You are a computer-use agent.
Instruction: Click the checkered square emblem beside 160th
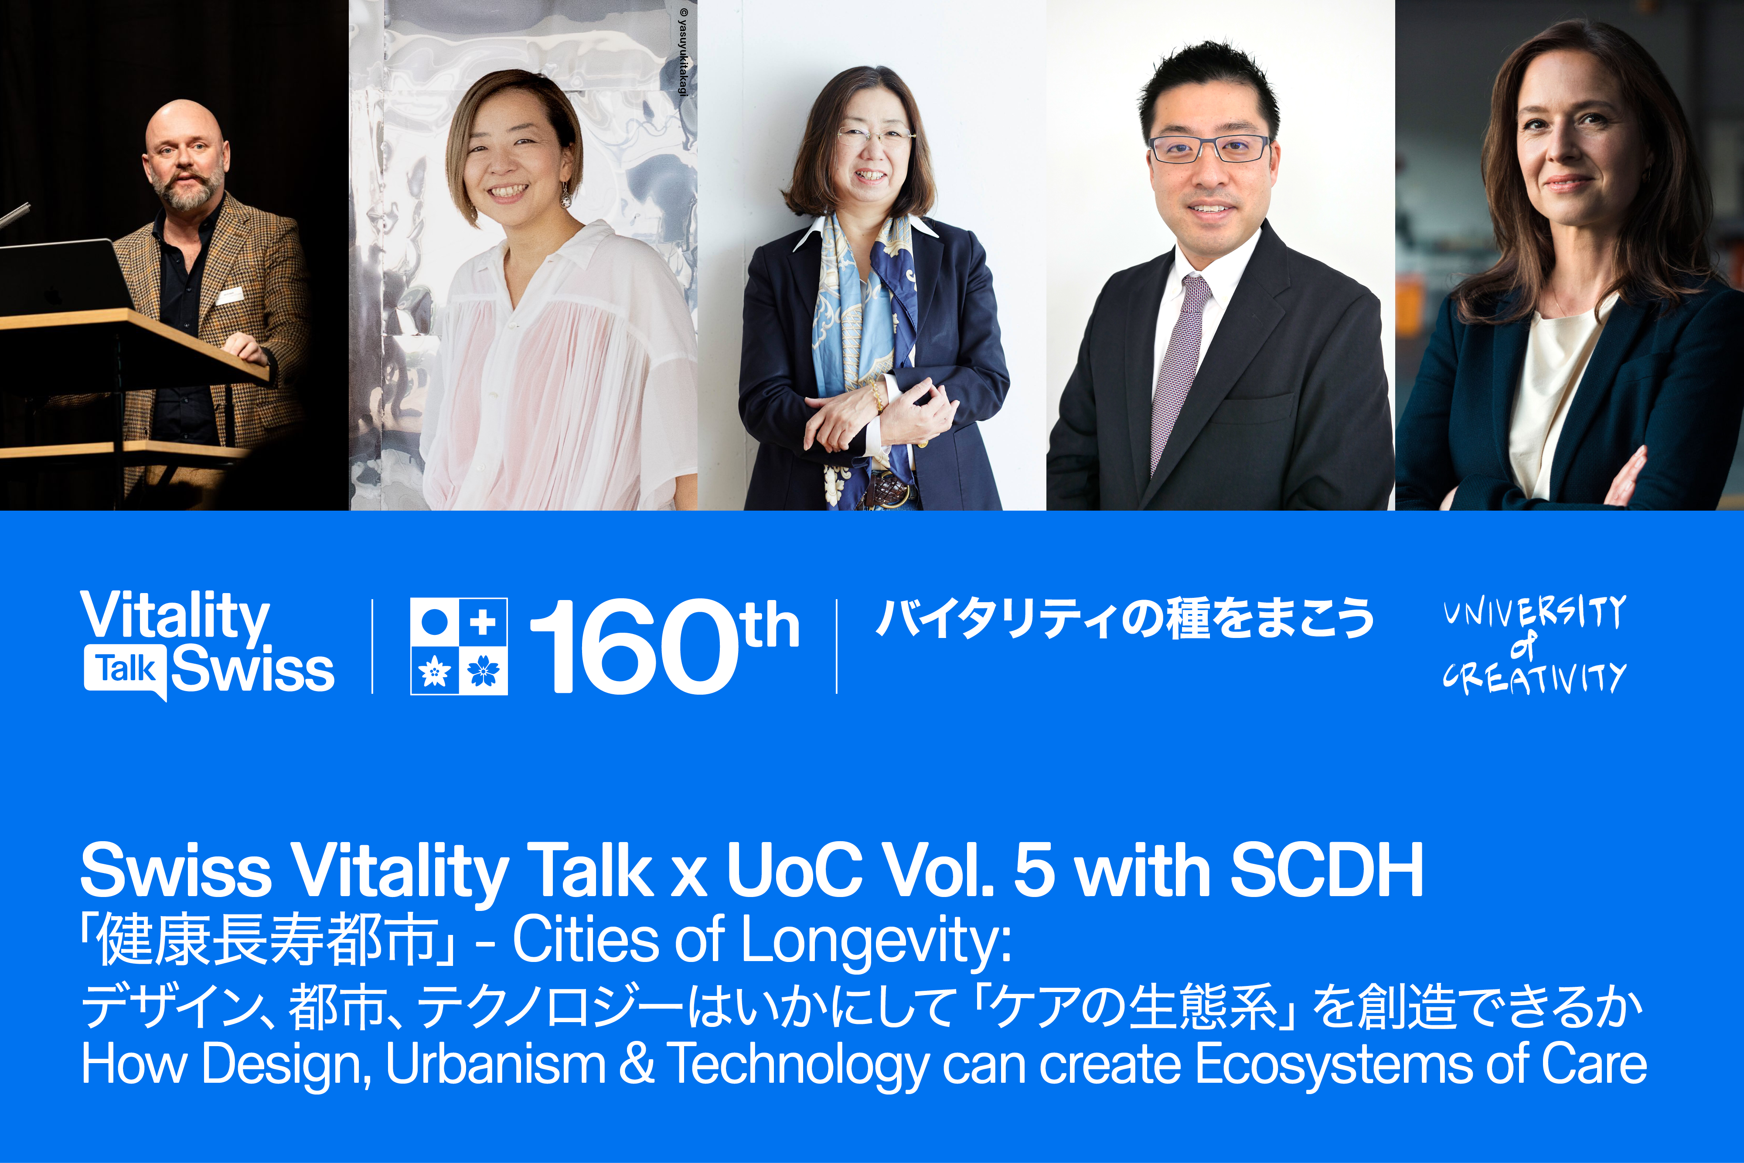click(459, 646)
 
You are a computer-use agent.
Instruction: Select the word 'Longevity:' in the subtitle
click(877, 940)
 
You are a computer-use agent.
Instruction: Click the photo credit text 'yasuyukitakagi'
click(683, 52)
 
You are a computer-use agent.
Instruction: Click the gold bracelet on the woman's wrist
click(879, 397)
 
